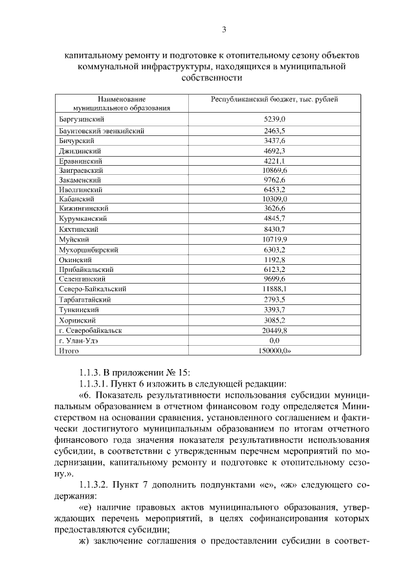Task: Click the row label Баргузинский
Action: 82,120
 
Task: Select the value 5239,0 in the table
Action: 274,120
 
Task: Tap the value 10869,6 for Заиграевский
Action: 274,170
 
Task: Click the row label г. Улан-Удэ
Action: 78,340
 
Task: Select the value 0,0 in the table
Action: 274,340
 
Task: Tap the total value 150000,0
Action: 274,350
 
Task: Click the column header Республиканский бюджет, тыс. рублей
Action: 274,100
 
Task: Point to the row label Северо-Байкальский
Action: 92,289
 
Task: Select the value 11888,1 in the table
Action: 274,289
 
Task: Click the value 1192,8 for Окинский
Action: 274,259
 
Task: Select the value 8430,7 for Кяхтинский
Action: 274,229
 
